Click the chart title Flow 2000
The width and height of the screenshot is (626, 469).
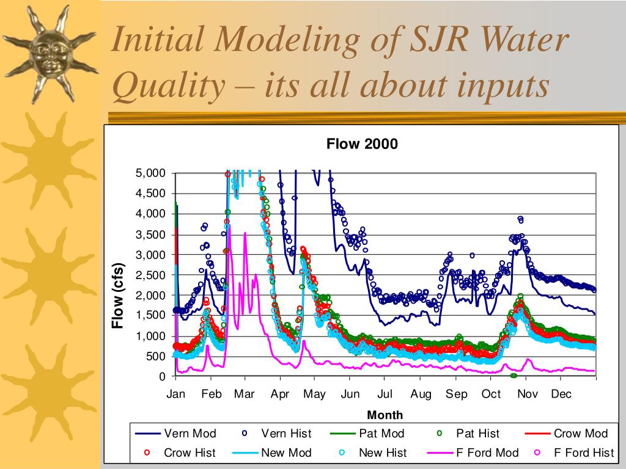point(362,144)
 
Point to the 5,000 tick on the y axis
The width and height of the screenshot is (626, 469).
point(150,173)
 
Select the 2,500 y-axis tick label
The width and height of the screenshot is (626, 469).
point(150,275)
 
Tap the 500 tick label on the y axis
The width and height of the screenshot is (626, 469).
point(156,357)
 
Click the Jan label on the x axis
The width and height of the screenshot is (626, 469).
point(175,394)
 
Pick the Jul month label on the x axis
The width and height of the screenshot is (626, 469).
point(385,394)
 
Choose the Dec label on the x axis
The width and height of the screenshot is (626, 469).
point(561,394)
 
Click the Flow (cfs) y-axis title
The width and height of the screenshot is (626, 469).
point(117,296)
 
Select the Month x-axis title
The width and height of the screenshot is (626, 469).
point(385,415)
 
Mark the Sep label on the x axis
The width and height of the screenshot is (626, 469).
point(456,394)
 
